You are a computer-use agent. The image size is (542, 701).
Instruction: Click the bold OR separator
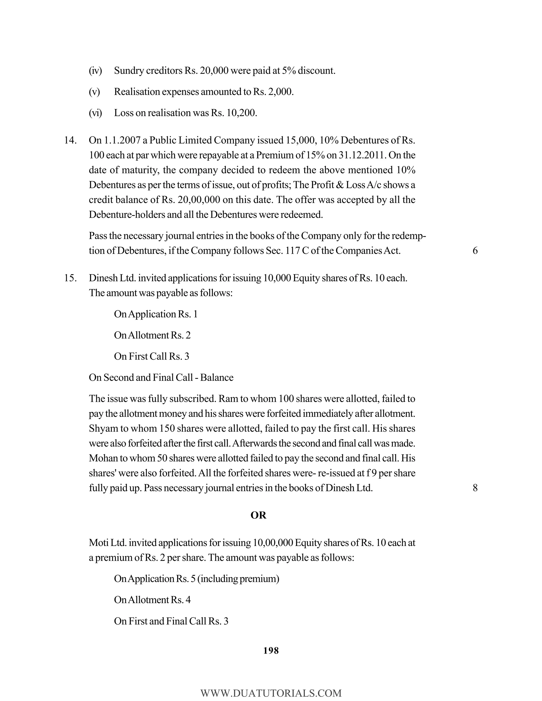point(258,515)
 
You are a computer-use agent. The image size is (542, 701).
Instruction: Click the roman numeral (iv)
point(95,71)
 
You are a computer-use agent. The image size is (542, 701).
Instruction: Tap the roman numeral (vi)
point(95,113)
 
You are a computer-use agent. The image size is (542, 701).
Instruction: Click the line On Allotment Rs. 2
point(152,335)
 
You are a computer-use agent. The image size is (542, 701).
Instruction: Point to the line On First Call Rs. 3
point(152,356)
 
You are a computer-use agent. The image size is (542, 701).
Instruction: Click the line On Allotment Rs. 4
point(152,600)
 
